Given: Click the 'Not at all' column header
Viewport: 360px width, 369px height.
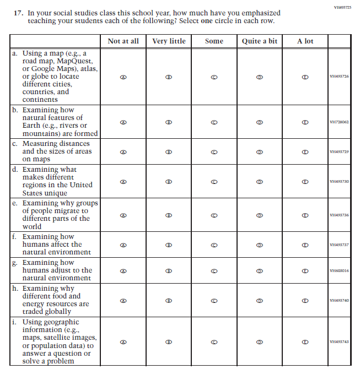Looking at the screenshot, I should click(123, 41).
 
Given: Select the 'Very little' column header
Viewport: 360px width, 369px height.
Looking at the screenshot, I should click(169, 41).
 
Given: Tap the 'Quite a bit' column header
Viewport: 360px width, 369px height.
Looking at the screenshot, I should click(259, 41).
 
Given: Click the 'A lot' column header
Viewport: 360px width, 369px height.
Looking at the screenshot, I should click(305, 41).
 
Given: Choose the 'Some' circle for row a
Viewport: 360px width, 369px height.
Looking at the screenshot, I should click(214, 77).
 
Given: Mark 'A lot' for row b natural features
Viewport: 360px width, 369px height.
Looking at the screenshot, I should click(305, 122).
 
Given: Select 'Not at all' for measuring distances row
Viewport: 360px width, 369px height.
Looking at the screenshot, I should click(123, 151).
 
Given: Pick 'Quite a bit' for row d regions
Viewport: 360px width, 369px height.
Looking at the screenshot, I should click(260, 181).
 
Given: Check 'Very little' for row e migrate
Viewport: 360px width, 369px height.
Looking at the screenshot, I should click(169, 215).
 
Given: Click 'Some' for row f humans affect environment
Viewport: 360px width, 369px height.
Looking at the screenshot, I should click(214, 245).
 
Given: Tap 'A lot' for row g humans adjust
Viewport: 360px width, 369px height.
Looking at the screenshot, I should click(305, 270).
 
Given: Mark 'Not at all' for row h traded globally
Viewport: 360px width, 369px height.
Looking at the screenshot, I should click(123, 300).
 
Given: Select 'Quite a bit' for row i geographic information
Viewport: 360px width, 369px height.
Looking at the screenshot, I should click(260, 341).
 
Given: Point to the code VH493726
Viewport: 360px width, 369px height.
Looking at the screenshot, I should click(339, 77).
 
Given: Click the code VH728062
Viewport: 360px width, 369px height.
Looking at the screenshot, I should click(339, 122).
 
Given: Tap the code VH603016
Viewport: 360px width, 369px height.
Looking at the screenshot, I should click(339, 270).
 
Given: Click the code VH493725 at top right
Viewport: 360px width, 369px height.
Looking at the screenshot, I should click(342, 7).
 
